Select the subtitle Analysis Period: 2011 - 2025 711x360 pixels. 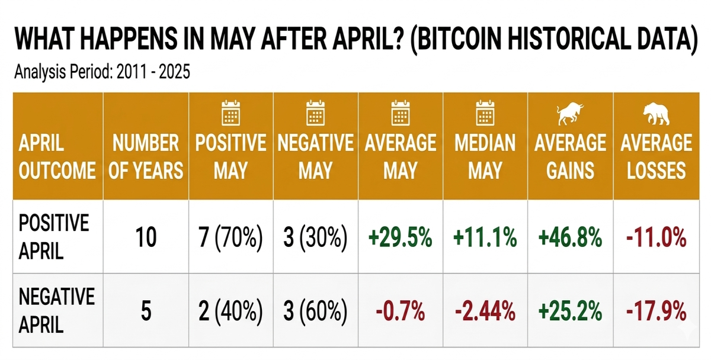(x=102, y=72)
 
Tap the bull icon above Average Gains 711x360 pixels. (x=570, y=113)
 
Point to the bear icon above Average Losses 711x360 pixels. (x=656, y=114)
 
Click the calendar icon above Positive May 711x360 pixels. (x=230, y=112)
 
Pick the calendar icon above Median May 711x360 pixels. (x=485, y=112)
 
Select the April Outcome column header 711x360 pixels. (x=57, y=156)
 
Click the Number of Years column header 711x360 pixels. (x=146, y=156)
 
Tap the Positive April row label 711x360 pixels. (x=54, y=237)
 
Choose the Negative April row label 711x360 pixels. (x=56, y=310)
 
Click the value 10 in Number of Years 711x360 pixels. (x=146, y=237)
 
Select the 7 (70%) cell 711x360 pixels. (x=230, y=238)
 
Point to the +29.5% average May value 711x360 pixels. (x=401, y=237)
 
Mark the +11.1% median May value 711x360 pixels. (x=485, y=237)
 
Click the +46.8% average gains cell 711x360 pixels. (x=570, y=237)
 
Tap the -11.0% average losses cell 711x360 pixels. (x=656, y=237)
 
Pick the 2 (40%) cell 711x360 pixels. (x=230, y=311)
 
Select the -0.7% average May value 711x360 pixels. (x=401, y=311)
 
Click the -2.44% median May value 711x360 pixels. (x=485, y=311)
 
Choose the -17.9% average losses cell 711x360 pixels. (x=656, y=311)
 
